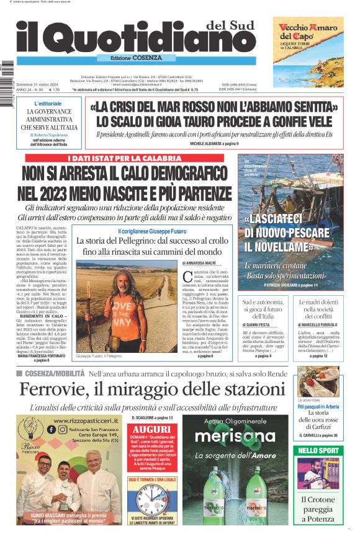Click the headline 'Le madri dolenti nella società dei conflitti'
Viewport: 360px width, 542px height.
point(317,309)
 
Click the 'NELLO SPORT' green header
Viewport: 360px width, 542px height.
point(318,450)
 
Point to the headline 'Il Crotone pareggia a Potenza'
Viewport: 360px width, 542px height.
point(318,508)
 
